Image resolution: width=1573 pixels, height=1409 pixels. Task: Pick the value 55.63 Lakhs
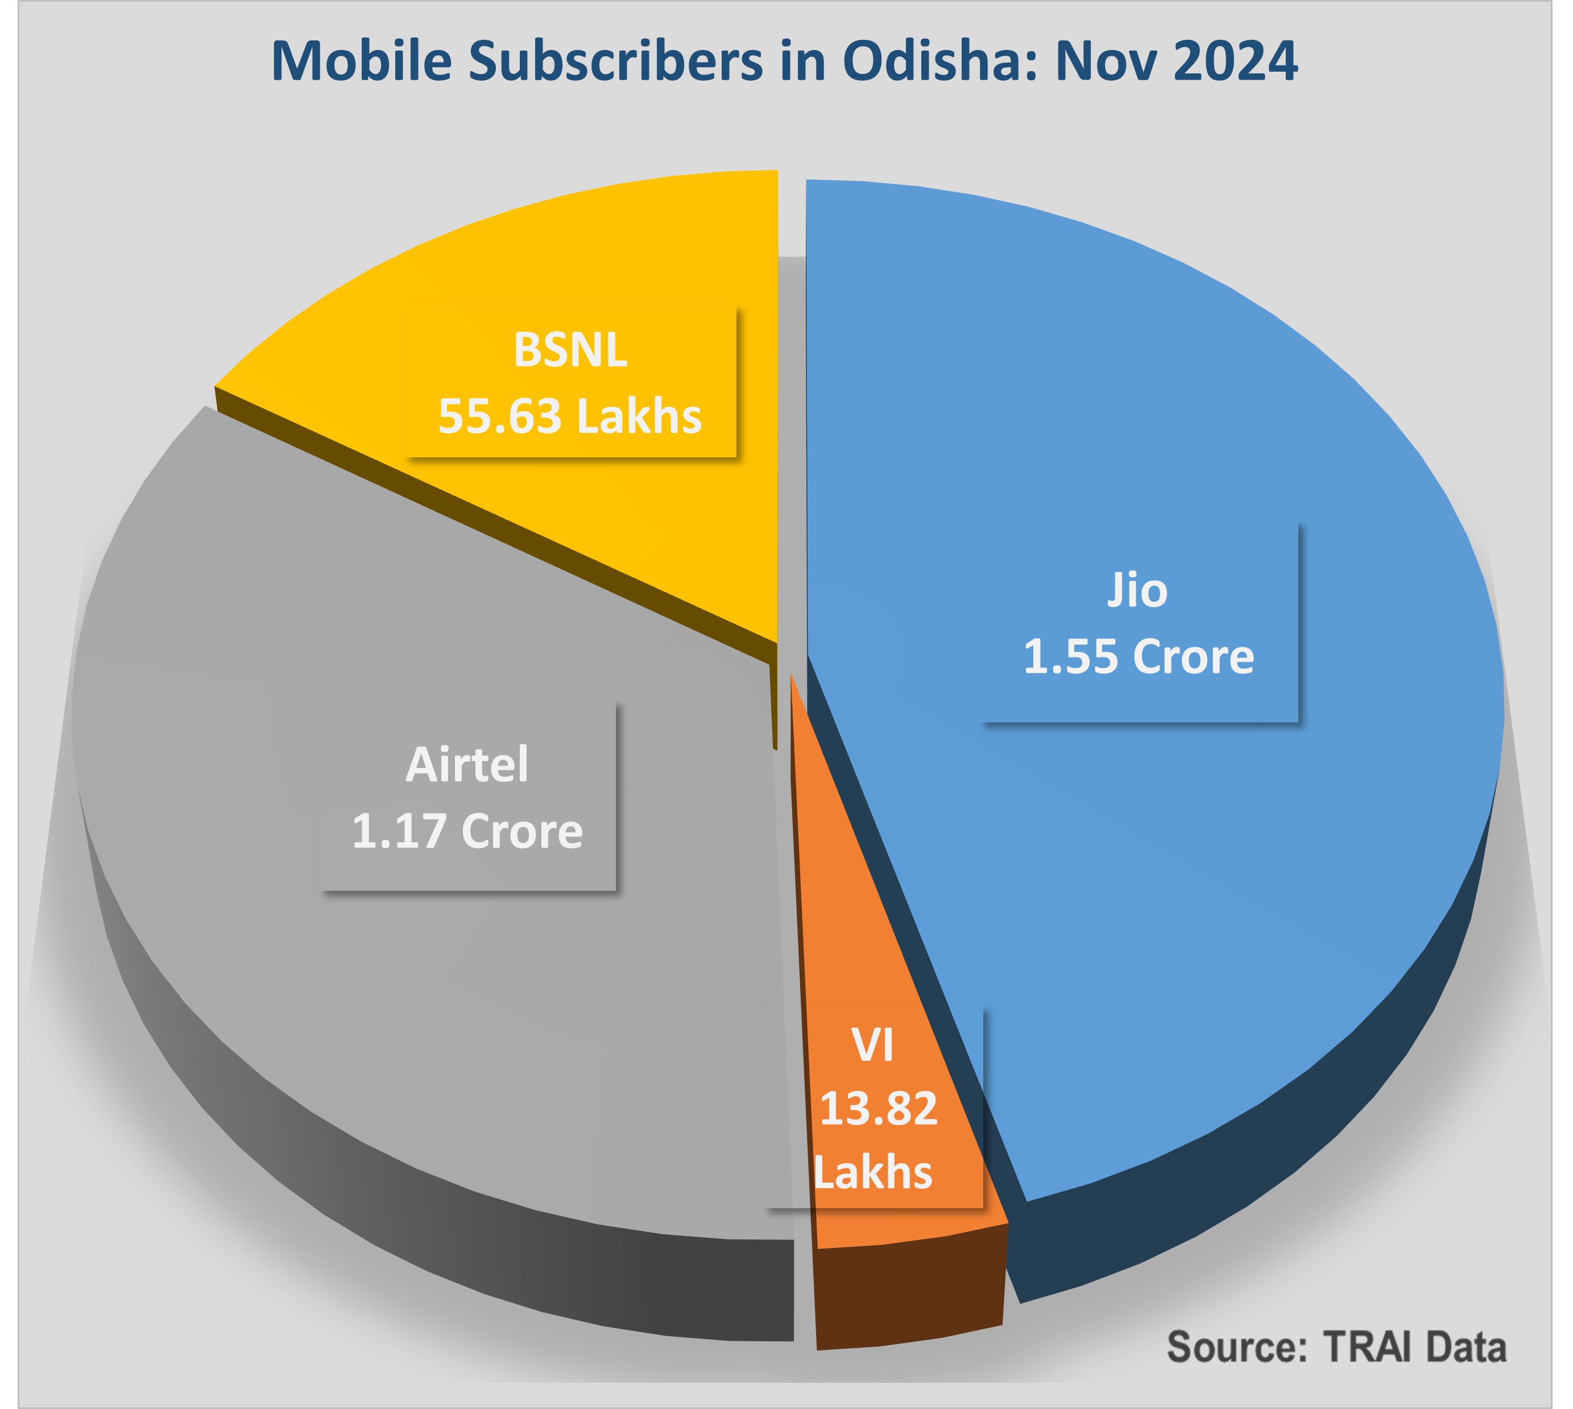pos(570,416)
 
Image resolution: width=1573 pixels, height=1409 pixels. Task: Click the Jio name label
pos(1137,590)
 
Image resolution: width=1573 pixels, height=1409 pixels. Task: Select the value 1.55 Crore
pos(1139,656)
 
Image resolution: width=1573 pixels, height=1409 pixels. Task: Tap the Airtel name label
pos(467,765)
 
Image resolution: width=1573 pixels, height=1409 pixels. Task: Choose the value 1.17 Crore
pos(467,830)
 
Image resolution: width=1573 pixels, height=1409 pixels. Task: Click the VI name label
pos(873,1045)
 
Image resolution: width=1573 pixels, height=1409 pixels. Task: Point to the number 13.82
pos(879,1108)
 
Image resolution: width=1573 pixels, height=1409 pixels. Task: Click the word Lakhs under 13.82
pos(873,1172)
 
